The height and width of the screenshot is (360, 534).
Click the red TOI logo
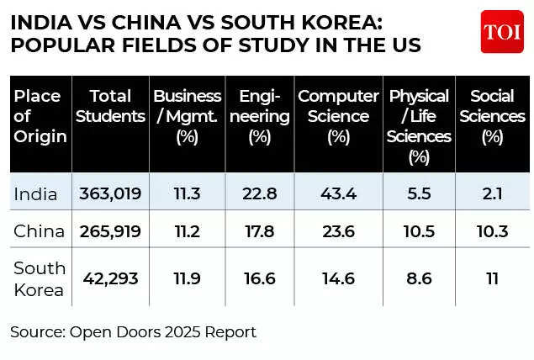[502, 32]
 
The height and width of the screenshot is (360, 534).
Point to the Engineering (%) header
[260, 115]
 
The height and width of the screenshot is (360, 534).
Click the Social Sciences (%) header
[498, 115]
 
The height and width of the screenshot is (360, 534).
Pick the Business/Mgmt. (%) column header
[187, 115]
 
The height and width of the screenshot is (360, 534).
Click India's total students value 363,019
[109, 194]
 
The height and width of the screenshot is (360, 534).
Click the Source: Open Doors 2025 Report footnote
[133, 332]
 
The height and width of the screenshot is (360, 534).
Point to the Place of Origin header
[39, 115]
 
